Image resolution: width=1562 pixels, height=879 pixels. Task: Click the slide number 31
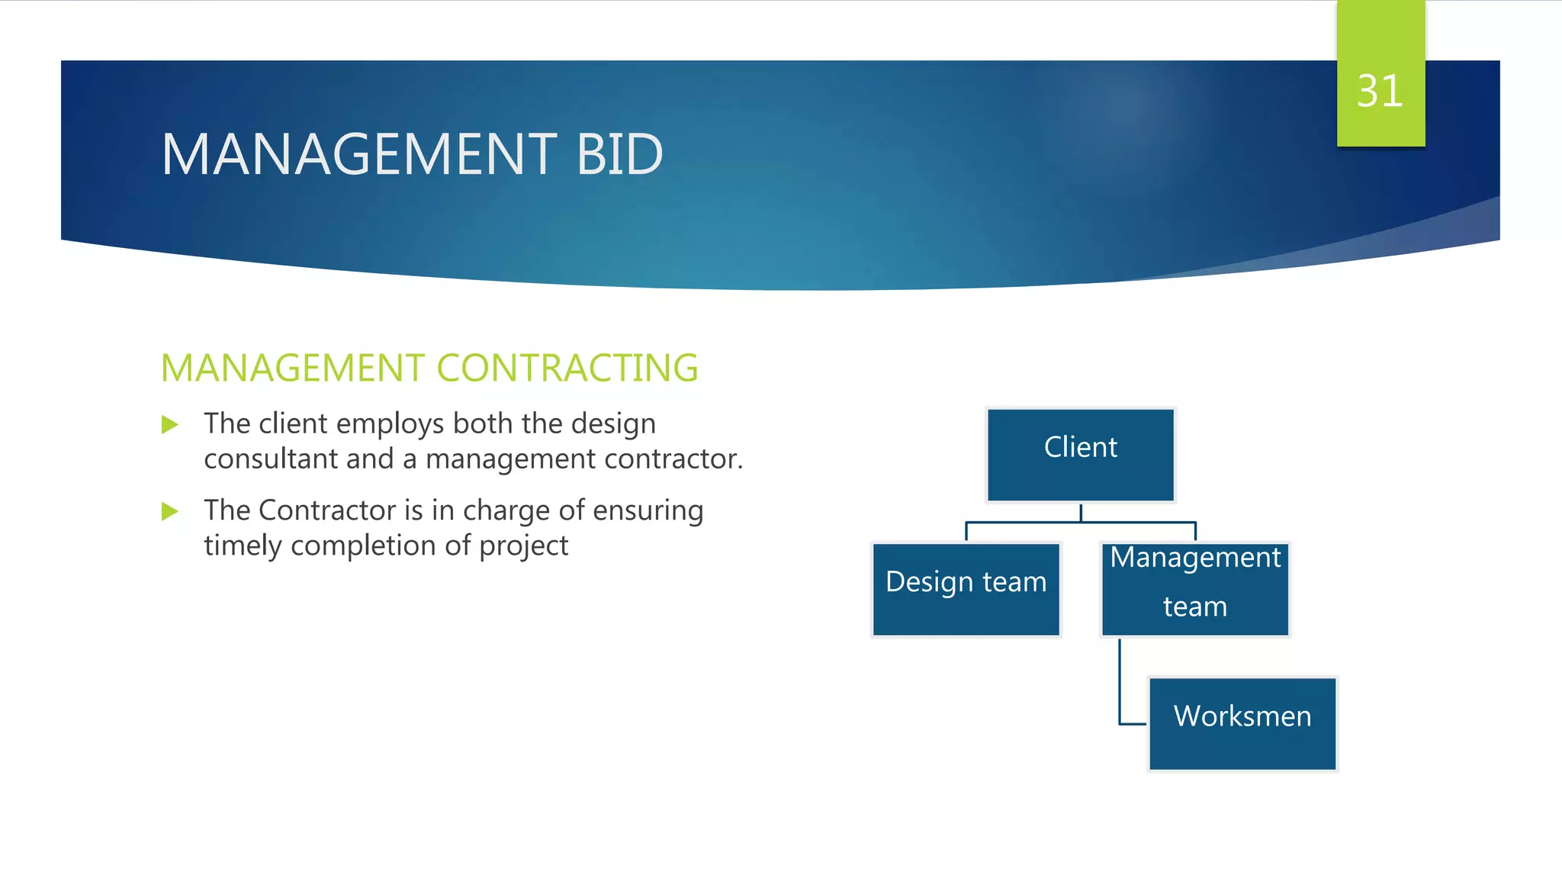pos(1380,92)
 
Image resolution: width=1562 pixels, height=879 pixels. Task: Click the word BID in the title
pos(619,154)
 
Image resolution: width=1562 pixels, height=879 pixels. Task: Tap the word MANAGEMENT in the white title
pos(359,154)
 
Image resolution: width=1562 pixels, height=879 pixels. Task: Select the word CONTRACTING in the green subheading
pos(567,368)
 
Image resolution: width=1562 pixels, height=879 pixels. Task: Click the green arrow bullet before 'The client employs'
pos(170,424)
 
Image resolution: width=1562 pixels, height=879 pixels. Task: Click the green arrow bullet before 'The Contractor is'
pos(170,511)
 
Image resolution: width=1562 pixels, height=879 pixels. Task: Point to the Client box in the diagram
pos(1080,455)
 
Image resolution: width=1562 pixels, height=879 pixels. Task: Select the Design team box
pos(966,588)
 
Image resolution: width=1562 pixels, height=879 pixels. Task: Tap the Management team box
pos(1194,588)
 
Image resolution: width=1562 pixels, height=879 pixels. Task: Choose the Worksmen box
pos(1242,723)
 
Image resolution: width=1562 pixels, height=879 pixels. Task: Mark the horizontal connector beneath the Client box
pos(1080,523)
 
